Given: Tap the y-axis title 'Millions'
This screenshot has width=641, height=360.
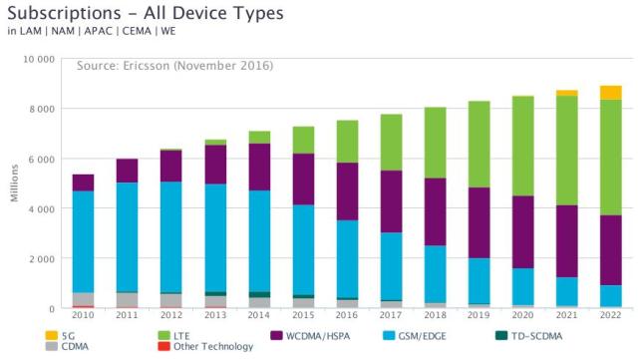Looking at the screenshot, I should (x=14, y=183).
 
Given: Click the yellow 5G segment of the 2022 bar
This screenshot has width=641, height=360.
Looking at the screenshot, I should (x=610, y=93).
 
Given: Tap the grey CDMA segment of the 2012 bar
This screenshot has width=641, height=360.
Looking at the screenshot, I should (x=170, y=301).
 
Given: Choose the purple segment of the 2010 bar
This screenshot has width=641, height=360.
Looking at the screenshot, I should (x=83, y=182).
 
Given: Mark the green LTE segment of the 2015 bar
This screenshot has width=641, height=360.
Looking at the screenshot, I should (x=303, y=140).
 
